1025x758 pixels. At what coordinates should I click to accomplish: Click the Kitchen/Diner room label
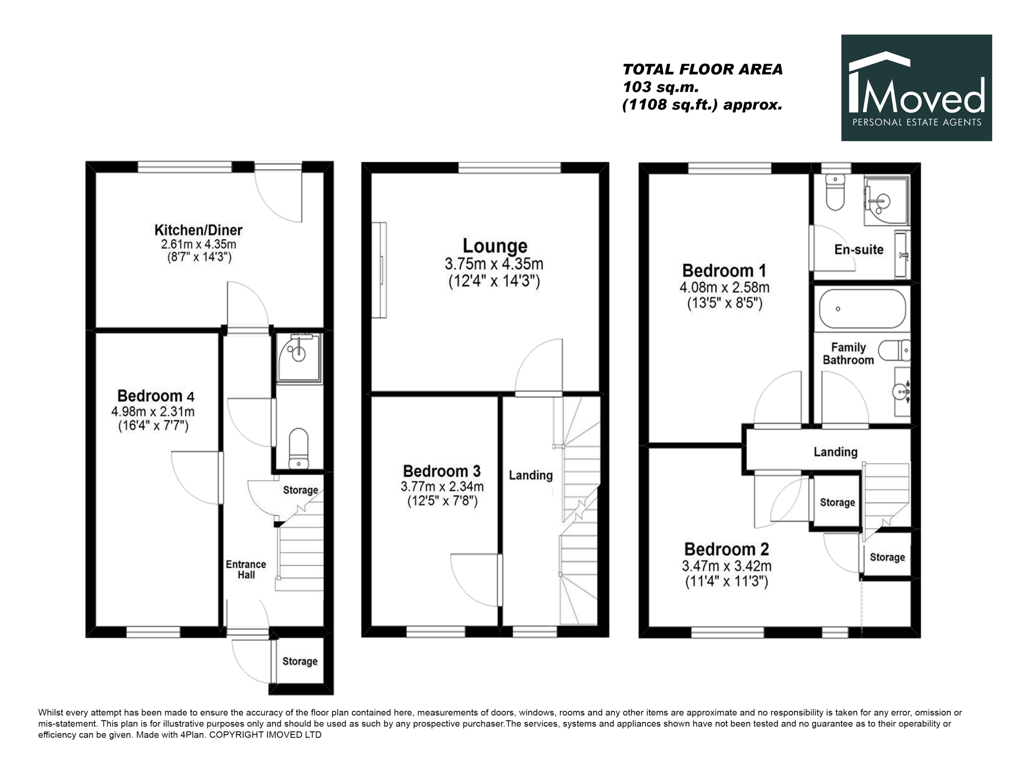(198, 230)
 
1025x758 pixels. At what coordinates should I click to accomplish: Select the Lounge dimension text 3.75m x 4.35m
(494, 264)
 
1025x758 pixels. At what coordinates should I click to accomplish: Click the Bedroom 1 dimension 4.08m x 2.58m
(724, 288)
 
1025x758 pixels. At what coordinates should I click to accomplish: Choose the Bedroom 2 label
(726, 549)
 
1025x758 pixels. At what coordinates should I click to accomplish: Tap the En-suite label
(859, 249)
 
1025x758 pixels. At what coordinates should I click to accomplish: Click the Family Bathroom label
(848, 354)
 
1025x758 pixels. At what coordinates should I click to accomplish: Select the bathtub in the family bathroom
(862, 308)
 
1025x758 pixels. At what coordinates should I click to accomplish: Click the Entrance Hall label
(246, 569)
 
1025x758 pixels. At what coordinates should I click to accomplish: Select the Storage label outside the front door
(300, 661)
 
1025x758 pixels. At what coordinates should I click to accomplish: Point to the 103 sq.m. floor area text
(661, 87)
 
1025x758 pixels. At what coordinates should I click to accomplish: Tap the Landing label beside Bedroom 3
(531, 475)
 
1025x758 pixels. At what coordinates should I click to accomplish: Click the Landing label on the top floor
(836, 452)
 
